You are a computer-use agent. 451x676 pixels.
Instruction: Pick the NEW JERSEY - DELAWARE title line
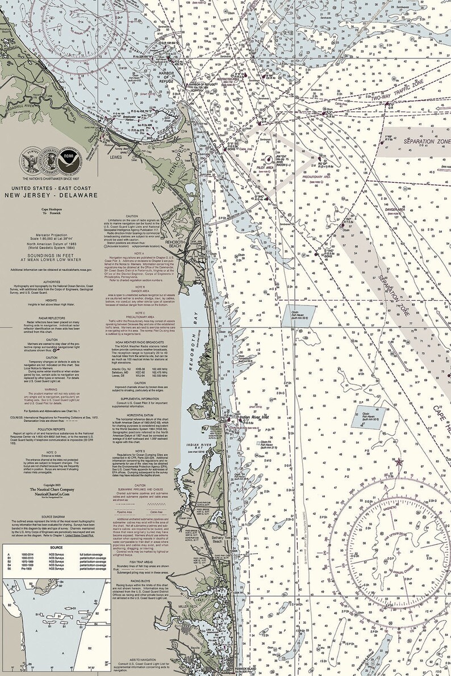(x=52, y=195)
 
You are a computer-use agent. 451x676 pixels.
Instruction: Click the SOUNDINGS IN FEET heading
(x=52, y=240)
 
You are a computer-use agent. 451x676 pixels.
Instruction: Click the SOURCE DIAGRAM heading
(x=52, y=516)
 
